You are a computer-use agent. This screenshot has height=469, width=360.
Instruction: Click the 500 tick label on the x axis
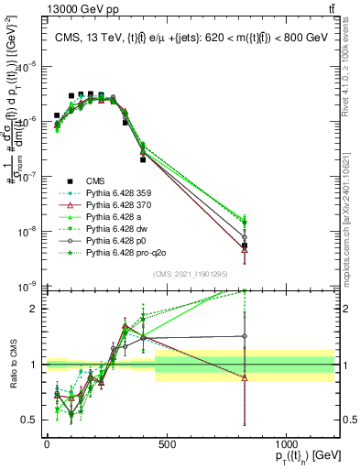[167, 444]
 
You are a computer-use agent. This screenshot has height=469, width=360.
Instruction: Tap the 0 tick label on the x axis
[47, 444]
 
